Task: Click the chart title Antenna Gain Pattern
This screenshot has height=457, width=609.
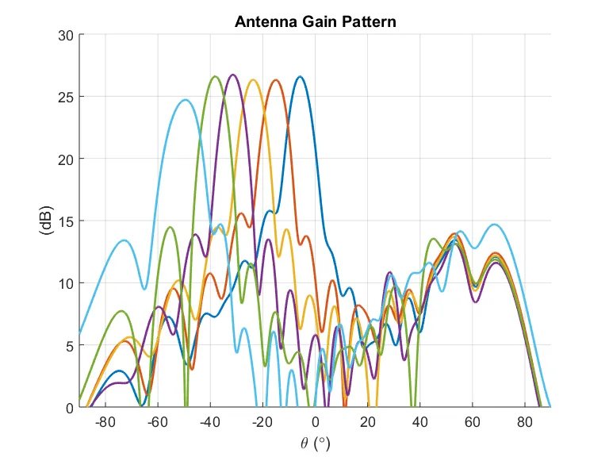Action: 315,21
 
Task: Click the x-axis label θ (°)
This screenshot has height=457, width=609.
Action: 315,442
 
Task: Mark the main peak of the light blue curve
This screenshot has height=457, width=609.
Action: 186,100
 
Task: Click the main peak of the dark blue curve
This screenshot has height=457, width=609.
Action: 300,77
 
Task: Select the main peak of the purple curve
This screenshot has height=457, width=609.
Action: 232,75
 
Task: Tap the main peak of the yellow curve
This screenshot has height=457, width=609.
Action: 253,79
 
